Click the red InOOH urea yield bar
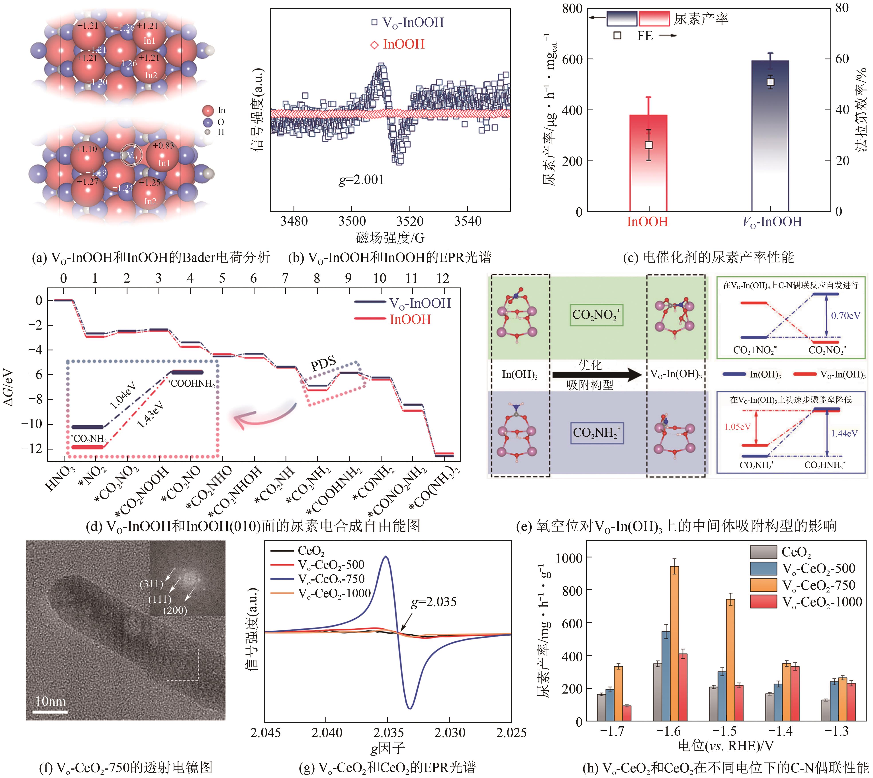(x=648, y=171)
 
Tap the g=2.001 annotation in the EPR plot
(x=361, y=180)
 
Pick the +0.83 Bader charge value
(x=164, y=145)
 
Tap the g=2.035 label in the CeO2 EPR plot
(x=434, y=602)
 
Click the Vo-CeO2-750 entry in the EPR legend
(x=331, y=579)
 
